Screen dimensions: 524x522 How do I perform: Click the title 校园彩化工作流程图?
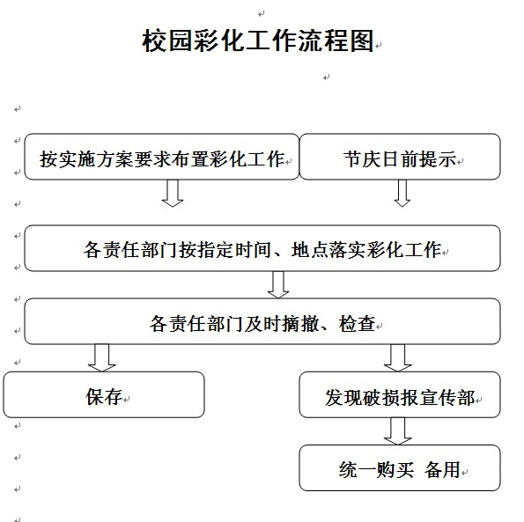(x=258, y=40)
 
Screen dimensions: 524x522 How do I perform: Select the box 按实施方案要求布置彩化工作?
(x=162, y=157)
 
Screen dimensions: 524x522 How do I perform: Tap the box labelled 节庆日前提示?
(x=400, y=157)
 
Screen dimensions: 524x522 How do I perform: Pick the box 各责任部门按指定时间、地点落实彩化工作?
(x=262, y=248)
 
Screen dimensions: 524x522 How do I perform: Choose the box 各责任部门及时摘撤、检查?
(x=262, y=321)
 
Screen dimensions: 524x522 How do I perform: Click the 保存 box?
(x=104, y=394)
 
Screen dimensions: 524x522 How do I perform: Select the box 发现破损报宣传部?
(x=400, y=394)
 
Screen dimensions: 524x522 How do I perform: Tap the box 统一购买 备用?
(x=400, y=467)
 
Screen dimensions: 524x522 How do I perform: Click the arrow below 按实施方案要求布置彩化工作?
(x=173, y=194)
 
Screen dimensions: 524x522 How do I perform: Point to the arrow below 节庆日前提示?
(x=402, y=194)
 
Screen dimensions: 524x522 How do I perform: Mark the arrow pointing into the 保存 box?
(x=102, y=357)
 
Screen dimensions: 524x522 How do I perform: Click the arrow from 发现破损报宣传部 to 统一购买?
(x=398, y=431)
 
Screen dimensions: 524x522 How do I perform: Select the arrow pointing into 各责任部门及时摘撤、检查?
(x=278, y=284)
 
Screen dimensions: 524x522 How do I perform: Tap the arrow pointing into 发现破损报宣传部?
(x=398, y=357)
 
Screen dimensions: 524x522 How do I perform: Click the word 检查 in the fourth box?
(x=358, y=324)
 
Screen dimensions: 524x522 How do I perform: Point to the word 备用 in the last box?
(x=442, y=470)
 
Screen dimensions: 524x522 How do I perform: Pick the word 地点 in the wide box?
(x=309, y=250)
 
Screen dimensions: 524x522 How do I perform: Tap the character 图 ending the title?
(x=362, y=40)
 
